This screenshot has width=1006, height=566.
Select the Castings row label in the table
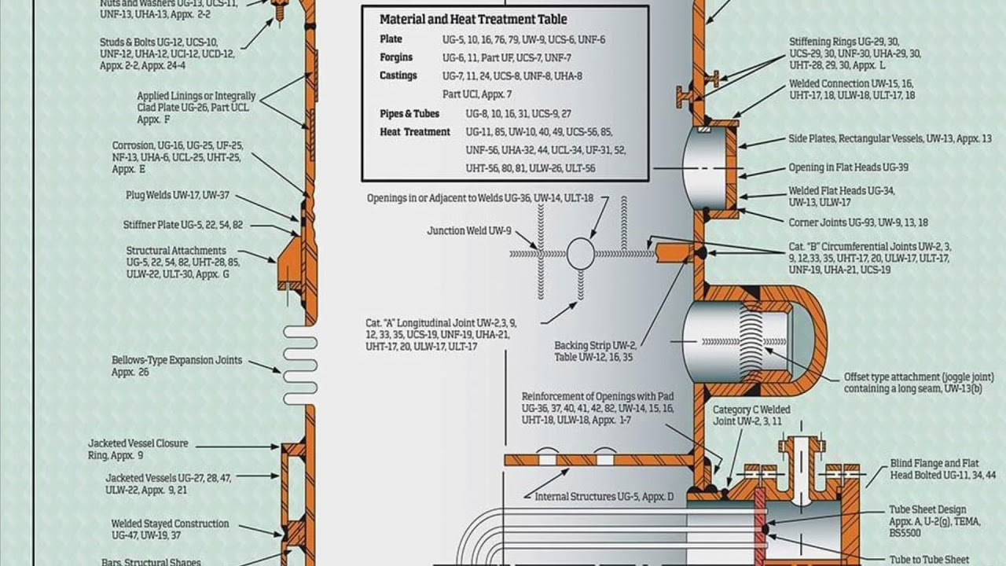[x=398, y=75]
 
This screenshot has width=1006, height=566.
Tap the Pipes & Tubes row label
[x=409, y=114]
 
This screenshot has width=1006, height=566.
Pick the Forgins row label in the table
[x=396, y=57]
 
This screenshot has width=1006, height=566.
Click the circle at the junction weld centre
[x=581, y=253]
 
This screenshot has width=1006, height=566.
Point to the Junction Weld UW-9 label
[x=469, y=231]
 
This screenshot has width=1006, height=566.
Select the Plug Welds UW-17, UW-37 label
[x=178, y=195]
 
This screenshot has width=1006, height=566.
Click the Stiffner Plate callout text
[x=183, y=225]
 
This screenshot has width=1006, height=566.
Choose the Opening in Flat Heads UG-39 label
[x=849, y=168]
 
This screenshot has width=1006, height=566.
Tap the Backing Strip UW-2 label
[x=595, y=351]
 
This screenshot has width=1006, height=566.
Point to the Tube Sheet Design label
[x=927, y=510]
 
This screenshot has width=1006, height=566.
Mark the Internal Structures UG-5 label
[x=604, y=497]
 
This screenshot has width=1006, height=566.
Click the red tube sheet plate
[x=760, y=527]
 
